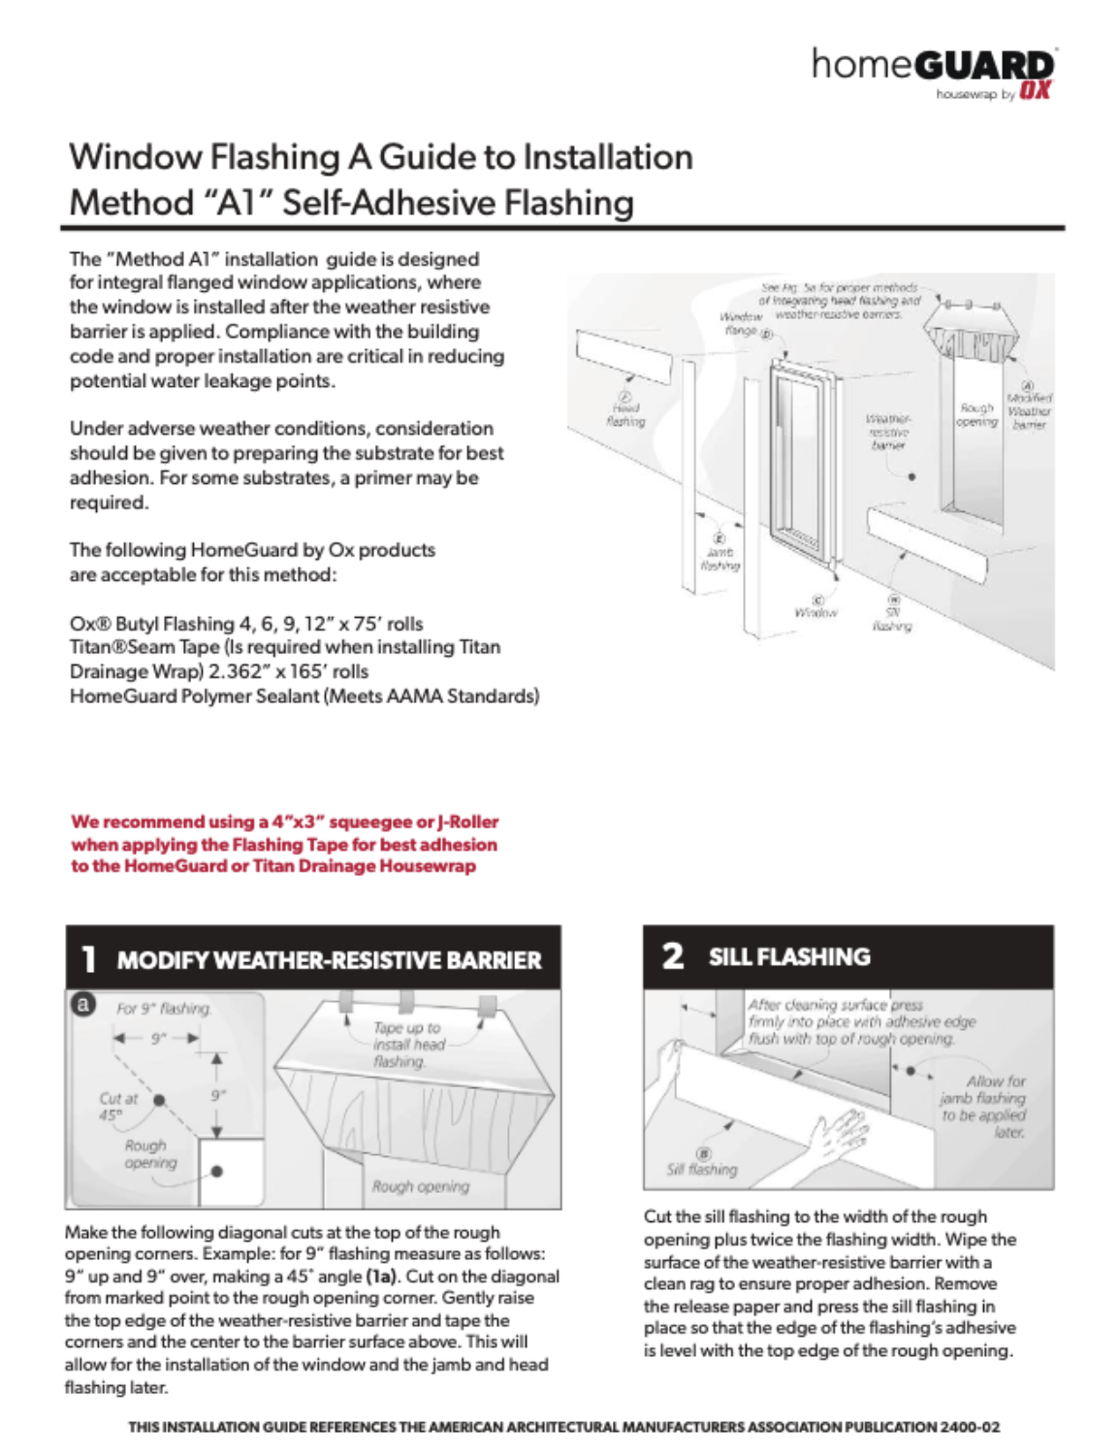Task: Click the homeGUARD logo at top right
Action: [x=932, y=66]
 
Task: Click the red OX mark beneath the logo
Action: [x=1035, y=91]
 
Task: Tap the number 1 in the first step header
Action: [x=88, y=959]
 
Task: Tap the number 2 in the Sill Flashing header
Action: [x=672, y=956]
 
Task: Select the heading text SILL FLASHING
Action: [x=789, y=957]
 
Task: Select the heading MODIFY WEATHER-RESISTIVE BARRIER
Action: [x=329, y=960]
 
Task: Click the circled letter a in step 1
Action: [x=83, y=1005]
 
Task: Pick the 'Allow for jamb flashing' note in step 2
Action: [x=982, y=1107]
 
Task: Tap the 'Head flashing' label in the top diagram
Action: [x=625, y=414]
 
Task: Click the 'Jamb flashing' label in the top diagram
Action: [x=719, y=558]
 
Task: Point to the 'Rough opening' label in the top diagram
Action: [x=975, y=415]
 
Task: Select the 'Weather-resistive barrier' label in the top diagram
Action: [x=888, y=432]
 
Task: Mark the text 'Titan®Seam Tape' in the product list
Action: [x=144, y=647]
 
